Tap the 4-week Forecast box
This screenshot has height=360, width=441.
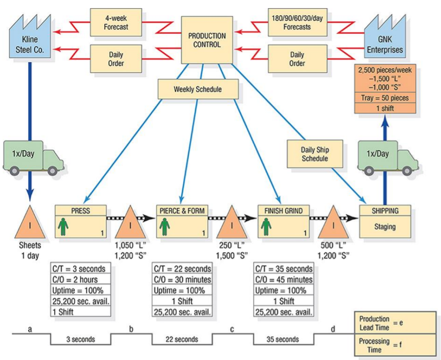click(x=115, y=22)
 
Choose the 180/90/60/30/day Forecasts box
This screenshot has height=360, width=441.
click(x=297, y=22)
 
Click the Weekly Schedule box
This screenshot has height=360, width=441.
click(x=198, y=89)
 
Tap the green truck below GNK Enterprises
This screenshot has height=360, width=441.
click(x=385, y=157)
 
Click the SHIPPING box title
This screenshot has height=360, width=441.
click(x=385, y=211)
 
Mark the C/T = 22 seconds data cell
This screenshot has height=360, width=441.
click(x=182, y=268)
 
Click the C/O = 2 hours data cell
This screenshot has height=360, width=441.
click(x=80, y=279)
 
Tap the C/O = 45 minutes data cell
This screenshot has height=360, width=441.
click(x=283, y=279)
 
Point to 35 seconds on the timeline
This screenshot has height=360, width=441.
click(x=283, y=339)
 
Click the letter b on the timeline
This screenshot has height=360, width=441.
click(x=131, y=329)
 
